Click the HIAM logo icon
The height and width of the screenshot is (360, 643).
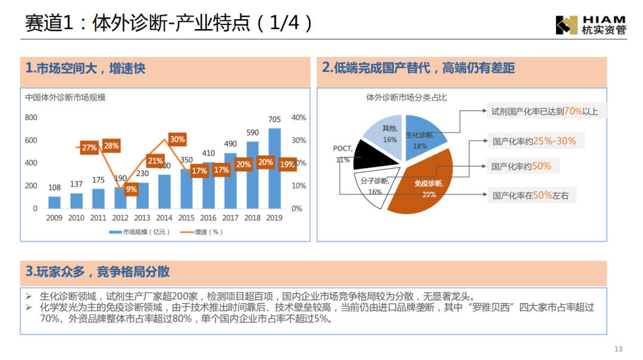[x=566, y=24]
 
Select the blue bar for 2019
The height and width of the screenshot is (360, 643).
[x=274, y=169]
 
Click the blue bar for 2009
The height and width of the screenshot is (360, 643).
[x=55, y=202]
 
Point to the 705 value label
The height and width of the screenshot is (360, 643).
[x=274, y=120]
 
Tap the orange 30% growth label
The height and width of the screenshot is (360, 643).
[x=177, y=139]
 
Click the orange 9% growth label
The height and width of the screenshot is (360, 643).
[x=131, y=189]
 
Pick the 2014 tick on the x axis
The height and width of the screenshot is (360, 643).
[x=164, y=218]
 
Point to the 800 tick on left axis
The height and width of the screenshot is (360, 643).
[x=31, y=118]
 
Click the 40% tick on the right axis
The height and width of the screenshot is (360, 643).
[x=298, y=118]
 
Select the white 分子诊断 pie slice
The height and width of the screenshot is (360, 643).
[x=376, y=187]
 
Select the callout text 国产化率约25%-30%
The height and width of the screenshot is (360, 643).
[x=534, y=141]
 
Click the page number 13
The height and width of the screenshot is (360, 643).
[x=617, y=349]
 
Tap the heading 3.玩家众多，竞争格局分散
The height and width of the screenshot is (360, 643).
[x=98, y=272]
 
